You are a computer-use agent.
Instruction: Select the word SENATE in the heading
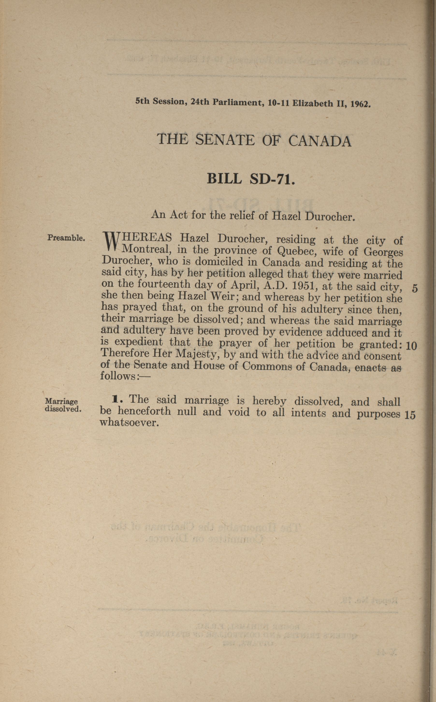[x=225, y=140]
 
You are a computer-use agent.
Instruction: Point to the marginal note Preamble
[x=66, y=238]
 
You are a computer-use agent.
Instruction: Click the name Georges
[x=383, y=252]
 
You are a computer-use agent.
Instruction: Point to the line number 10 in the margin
[x=411, y=346]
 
